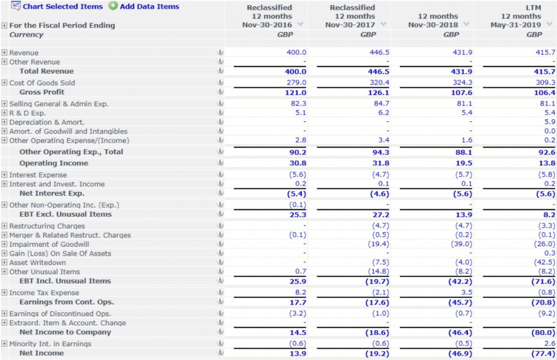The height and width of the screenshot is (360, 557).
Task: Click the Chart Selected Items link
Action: pyautogui.click(x=62, y=7)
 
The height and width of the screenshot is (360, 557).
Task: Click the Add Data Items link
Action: pyautogui.click(x=149, y=7)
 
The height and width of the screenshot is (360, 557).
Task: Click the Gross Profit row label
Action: pyautogui.click(x=42, y=92)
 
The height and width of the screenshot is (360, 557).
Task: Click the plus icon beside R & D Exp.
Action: pyautogui.click(x=4, y=113)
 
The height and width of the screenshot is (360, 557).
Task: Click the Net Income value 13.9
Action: pyautogui.click(x=296, y=353)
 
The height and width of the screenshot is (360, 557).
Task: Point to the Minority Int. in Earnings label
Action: pyautogui.click(x=50, y=344)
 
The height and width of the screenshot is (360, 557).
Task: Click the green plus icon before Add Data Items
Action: pyautogui.click(x=113, y=7)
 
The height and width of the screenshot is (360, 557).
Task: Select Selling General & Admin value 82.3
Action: pyautogui.click(x=296, y=103)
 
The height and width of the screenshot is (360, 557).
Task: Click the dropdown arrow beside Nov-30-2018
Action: pyautogui.click(x=467, y=24)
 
